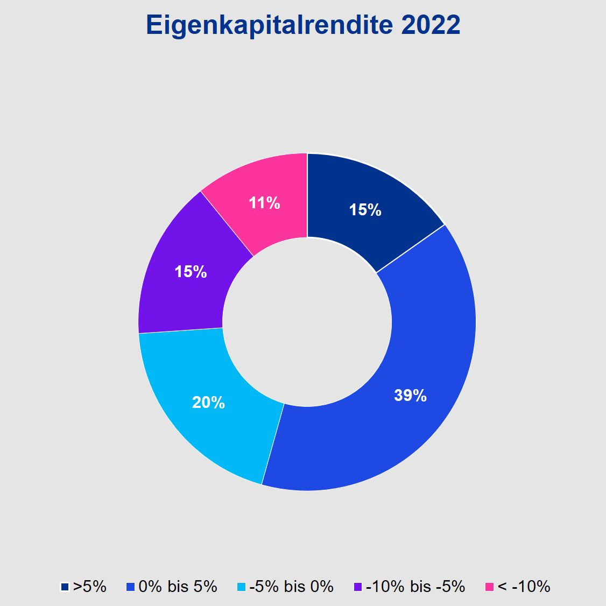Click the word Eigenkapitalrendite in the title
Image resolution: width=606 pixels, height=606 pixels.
[269, 25]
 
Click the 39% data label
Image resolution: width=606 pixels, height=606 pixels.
[410, 396]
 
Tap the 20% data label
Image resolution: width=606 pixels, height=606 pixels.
[208, 402]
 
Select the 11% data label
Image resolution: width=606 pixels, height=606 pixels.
[264, 203]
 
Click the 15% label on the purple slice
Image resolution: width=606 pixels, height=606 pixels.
[191, 272]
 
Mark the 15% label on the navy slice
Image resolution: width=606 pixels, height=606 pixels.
[365, 210]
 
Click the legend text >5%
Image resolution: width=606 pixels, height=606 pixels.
[90, 586]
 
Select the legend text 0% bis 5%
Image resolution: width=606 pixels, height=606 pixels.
[178, 586]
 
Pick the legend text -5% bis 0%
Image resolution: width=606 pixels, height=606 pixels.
[291, 586]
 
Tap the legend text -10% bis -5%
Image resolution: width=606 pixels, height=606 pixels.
[415, 586]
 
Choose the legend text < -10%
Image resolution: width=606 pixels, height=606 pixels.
[524, 586]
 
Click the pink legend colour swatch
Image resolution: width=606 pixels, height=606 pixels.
[489, 587]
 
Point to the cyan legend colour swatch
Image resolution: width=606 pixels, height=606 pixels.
[241, 587]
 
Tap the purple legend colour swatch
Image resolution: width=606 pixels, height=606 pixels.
[357, 587]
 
